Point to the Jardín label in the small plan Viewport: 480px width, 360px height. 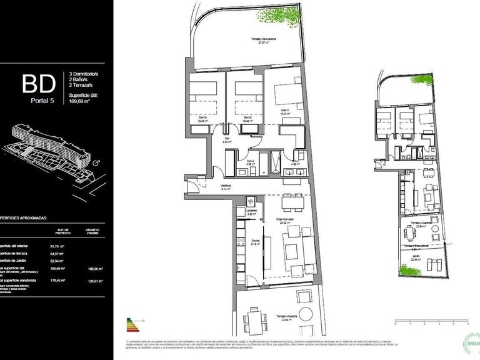(415, 257)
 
